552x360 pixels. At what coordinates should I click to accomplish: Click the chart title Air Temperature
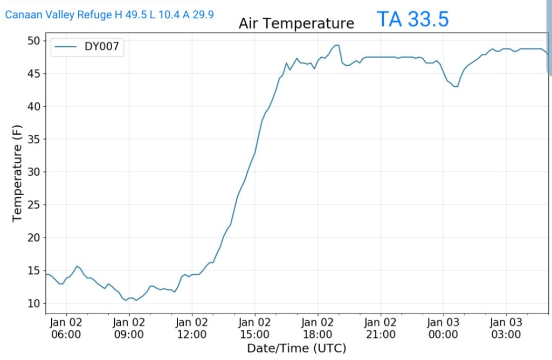pos(296,24)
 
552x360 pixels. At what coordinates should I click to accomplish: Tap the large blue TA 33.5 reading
pos(412,19)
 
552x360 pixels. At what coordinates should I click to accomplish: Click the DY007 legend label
pos(101,47)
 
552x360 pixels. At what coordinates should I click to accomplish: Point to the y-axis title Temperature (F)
pos(17,172)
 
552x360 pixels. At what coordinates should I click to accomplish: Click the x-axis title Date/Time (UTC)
pos(296,348)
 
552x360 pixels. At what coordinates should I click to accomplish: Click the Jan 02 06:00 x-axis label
pos(66,328)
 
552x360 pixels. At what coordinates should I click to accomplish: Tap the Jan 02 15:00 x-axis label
pos(254,328)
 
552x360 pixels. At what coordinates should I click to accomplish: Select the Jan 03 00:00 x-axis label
pos(443,328)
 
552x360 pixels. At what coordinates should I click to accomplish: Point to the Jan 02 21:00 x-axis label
pos(380,328)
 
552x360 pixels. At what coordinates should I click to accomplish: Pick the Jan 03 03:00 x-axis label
pos(506,328)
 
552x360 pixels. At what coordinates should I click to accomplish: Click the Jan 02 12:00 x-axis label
pos(192,328)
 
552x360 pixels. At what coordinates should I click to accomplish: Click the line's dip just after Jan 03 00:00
pos(456,86)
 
